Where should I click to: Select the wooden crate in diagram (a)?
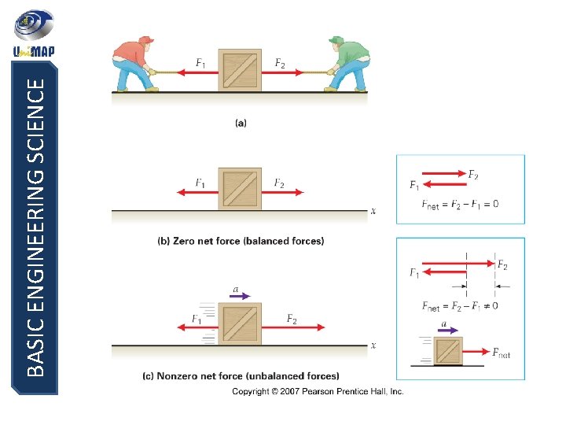coord(240,71)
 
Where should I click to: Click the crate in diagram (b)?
coord(240,189)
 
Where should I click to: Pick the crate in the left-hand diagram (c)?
coord(240,325)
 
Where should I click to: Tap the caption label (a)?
coord(240,122)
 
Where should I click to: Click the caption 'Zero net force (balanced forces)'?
coord(240,241)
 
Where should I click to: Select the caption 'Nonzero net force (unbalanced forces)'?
coord(240,375)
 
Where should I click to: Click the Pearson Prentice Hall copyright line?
coord(318,391)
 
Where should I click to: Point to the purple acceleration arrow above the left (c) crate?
coord(241,297)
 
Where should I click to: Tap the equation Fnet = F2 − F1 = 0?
coord(460,205)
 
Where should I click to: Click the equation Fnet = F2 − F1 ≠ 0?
coord(460,305)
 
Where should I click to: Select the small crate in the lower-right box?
coord(449,350)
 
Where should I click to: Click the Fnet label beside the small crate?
coord(500,353)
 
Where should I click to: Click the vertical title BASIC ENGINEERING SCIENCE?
coord(36,228)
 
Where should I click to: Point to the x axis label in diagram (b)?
coord(373,211)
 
